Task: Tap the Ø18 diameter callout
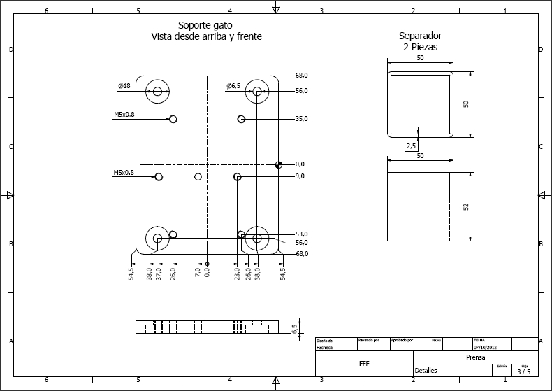pyautogui.click(x=124, y=86)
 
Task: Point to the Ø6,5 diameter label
pyautogui.click(x=233, y=86)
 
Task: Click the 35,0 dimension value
pyautogui.click(x=302, y=120)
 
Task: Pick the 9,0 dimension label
pyautogui.click(x=300, y=177)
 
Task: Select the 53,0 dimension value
pyautogui.click(x=302, y=234)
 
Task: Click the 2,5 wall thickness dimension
pyautogui.click(x=412, y=146)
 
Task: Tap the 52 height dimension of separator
pyautogui.click(x=466, y=207)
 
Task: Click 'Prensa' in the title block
pyautogui.click(x=475, y=357)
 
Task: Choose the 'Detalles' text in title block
pyautogui.click(x=426, y=371)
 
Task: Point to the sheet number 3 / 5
pyautogui.click(x=523, y=371)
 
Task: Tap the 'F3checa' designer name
pyautogui.click(x=324, y=346)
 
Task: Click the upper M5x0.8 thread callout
pyautogui.click(x=124, y=114)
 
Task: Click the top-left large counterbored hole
pyautogui.click(x=158, y=92)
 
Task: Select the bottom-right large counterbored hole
pyautogui.click(x=257, y=239)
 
